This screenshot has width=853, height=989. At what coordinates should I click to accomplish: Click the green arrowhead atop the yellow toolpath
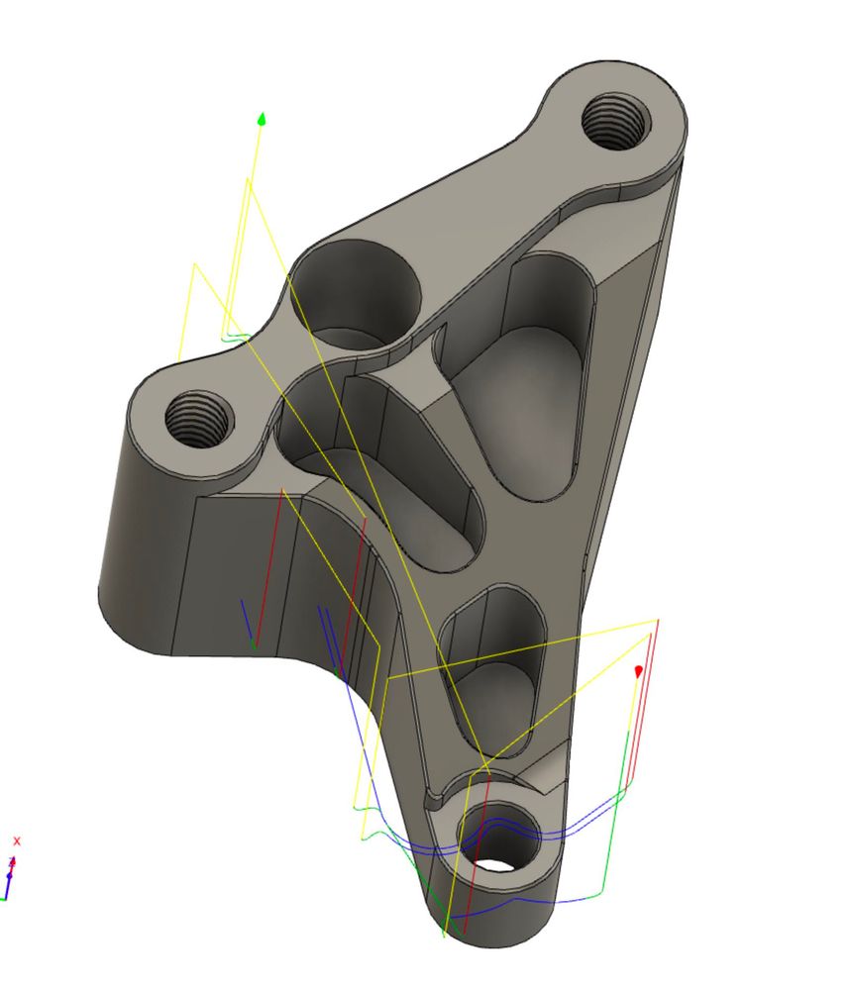pyautogui.click(x=262, y=119)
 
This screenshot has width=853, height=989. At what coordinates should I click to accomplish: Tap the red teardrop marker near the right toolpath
pyautogui.click(x=638, y=671)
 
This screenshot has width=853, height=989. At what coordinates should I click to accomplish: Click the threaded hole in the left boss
pyautogui.click(x=199, y=418)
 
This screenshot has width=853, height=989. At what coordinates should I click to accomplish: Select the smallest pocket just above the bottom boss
pyautogui.click(x=492, y=668)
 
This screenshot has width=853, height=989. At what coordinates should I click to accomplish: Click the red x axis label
pyautogui.click(x=17, y=841)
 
